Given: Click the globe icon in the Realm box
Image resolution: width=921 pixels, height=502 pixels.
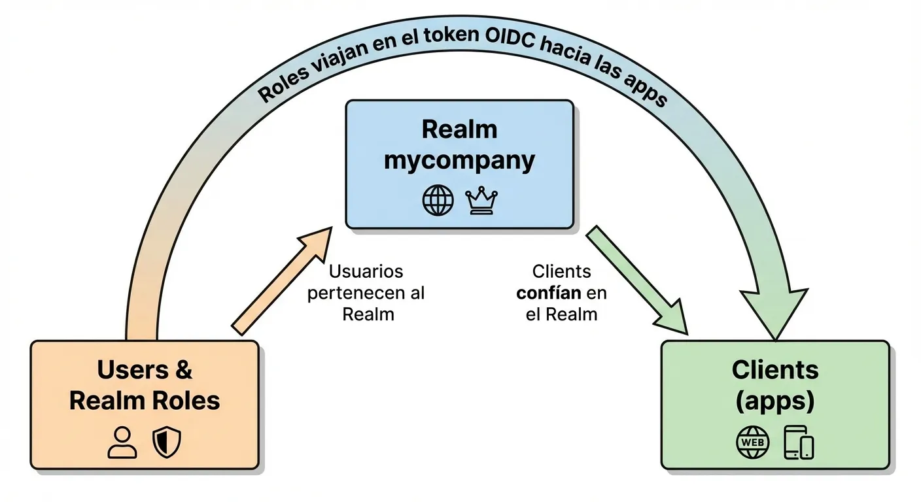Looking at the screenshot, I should pos(438,201).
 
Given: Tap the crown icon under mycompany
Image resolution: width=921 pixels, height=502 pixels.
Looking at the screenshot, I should pos(482,201).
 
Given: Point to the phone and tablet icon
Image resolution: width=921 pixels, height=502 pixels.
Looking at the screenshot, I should pos(799,443).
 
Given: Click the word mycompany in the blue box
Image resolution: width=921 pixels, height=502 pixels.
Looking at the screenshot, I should pos(459,161).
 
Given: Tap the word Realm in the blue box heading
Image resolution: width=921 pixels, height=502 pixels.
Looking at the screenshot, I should pos(459,129).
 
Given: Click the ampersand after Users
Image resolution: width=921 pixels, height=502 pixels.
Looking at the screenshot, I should pos(184,370).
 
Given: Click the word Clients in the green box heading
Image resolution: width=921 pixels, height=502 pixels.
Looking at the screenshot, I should pos(775,370).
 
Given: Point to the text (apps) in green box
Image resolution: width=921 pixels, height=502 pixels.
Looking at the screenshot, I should pos(775,401).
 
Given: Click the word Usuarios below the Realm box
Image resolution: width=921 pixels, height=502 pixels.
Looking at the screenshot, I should pos(366,271).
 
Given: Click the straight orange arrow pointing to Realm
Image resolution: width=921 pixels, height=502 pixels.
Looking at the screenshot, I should pos(281,281).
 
